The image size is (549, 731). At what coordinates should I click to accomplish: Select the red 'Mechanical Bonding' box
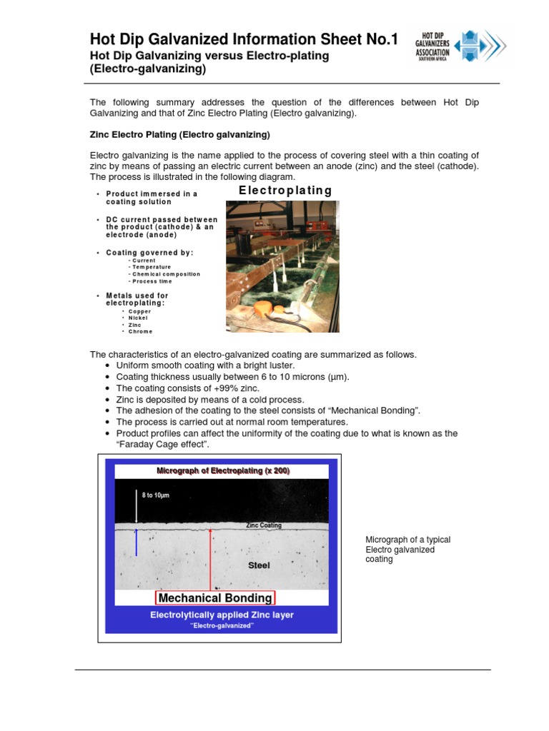215,598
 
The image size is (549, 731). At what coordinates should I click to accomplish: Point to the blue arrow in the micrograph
137,543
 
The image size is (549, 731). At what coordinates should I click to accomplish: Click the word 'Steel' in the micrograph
259,565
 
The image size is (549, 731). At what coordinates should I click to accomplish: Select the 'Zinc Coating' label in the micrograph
264,525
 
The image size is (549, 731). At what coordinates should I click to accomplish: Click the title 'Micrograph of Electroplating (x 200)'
223,471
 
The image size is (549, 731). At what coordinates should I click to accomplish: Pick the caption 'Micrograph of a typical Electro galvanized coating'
407,550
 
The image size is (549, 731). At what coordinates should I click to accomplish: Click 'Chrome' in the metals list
140,331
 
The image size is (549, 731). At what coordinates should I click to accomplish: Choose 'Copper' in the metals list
139,311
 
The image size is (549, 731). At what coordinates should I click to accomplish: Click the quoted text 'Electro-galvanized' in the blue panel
222,626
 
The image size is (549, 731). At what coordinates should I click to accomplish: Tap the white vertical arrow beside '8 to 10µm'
137,507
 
